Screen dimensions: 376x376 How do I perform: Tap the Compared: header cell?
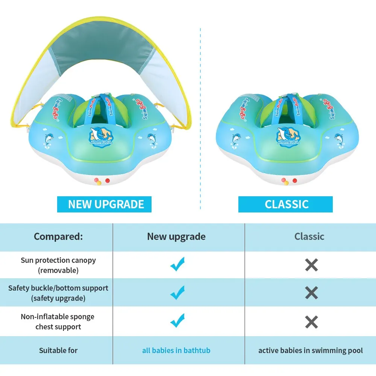point(58,237)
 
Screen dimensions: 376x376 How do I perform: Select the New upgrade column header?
point(176,237)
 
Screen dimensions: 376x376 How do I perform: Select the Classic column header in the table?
point(309,237)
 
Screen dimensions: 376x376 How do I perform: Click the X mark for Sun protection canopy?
point(311,265)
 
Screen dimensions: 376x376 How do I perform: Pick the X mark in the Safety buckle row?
point(311,293)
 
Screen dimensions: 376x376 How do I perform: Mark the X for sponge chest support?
point(311,322)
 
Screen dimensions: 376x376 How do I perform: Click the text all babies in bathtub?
point(176,350)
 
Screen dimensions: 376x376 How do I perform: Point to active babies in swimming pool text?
point(310,350)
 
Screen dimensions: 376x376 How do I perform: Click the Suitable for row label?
point(58,350)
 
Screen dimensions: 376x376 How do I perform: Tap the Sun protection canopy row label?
point(58,265)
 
